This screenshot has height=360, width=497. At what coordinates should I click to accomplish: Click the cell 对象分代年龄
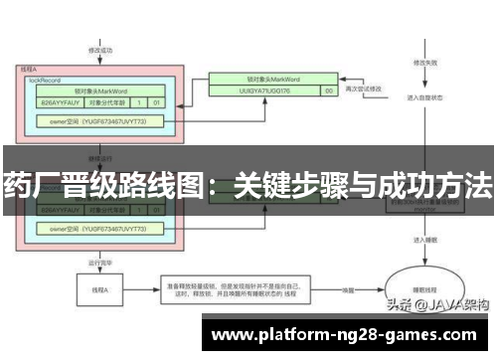click(x=111, y=101)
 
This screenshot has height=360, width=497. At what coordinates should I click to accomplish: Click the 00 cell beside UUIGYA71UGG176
click(x=327, y=90)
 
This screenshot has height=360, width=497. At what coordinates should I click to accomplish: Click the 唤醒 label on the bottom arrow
click(x=349, y=289)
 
